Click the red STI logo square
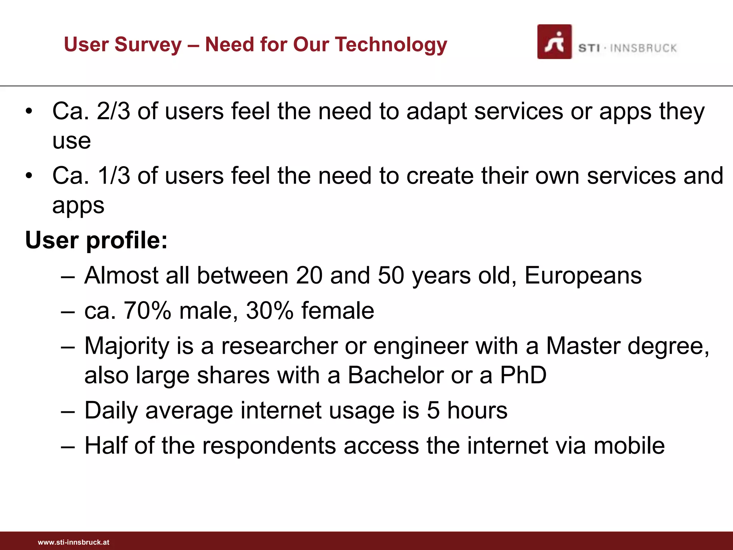tap(554, 42)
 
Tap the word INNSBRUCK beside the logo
tap(643, 48)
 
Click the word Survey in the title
tap(148, 45)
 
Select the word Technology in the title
tap(392, 45)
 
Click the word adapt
tap(436, 112)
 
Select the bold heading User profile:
tap(96, 240)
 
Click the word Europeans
tap(583, 276)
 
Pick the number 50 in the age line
tap(391, 275)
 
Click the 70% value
tap(147, 310)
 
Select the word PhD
tap(523, 375)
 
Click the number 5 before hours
tap(433, 410)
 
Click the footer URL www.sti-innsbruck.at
tap(73, 542)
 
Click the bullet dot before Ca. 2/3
tap(29, 111)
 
